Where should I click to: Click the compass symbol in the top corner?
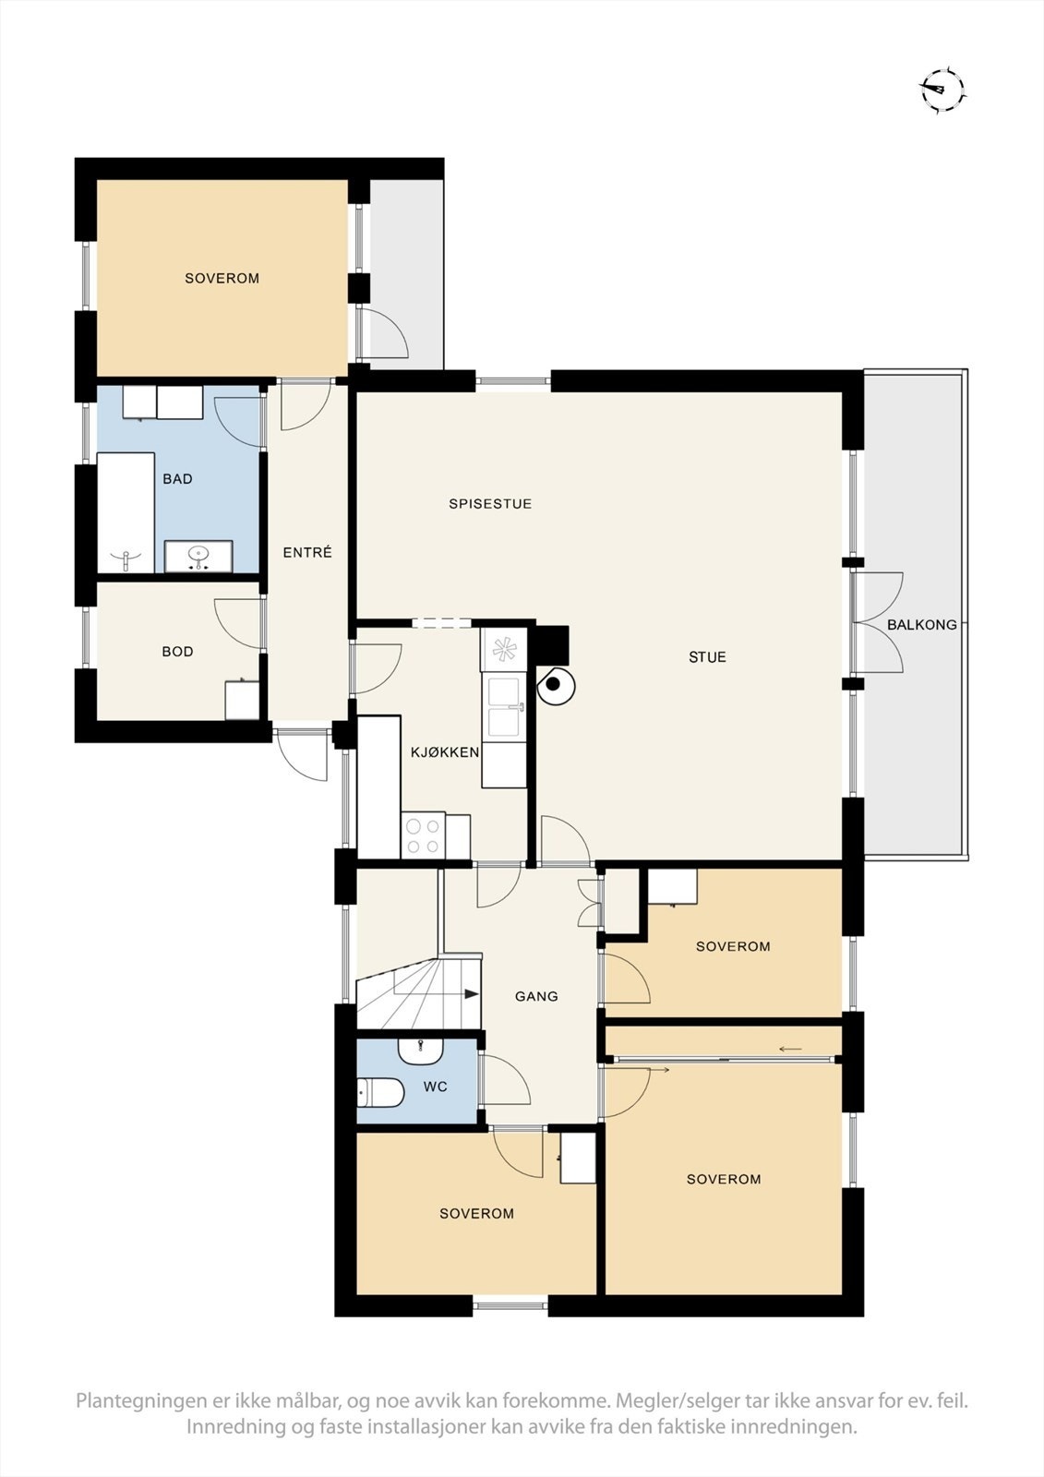[x=943, y=90]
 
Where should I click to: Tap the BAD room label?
[x=177, y=479]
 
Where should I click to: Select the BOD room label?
[x=177, y=652]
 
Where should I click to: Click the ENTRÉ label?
[x=307, y=553]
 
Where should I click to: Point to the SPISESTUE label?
[x=490, y=504]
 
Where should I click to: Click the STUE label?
[x=707, y=657]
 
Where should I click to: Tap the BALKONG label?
[x=921, y=624]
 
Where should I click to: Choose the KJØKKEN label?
[x=445, y=752]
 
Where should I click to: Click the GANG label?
[x=536, y=996]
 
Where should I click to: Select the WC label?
[x=436, y=1087]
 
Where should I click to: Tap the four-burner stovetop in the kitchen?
[x=424, y=836]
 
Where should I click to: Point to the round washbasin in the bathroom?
[x=198, y=555]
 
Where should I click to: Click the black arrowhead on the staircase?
[x=472, y=993]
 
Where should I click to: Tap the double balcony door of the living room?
[x=877, y=623]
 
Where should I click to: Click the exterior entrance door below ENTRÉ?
[x=302, y=755]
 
